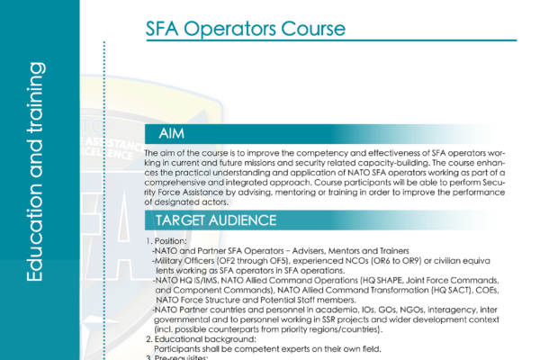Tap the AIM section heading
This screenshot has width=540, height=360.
pos(172,134)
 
